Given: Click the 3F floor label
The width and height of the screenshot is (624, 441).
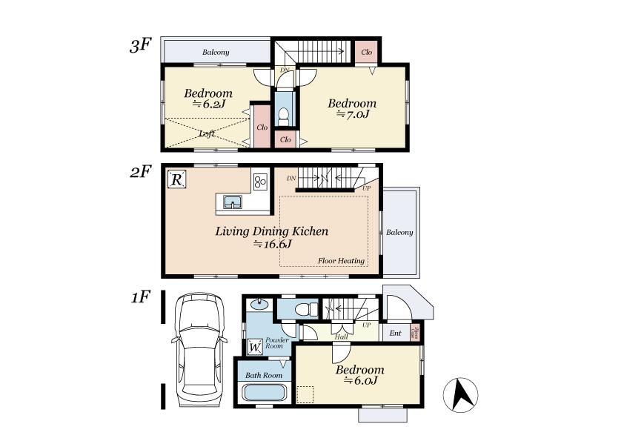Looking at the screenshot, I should (x=140, y=46).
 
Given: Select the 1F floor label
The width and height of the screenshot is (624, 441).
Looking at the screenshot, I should (x=140, y=297).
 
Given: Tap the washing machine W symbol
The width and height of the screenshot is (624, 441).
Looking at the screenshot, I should (x=254, y=346).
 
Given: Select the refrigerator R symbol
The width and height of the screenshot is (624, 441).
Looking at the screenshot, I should (x=176, y=179).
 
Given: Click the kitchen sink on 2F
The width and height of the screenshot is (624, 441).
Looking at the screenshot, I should (x=232, y=202).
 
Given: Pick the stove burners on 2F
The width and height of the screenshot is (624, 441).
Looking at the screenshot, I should (x=260, y=182).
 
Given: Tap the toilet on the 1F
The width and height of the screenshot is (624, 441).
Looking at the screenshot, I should (x=302, y=308).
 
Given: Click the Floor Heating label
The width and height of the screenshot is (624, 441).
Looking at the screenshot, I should (x=341, y=261).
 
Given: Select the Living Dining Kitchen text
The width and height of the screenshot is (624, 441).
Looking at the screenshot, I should (x=271, y=231).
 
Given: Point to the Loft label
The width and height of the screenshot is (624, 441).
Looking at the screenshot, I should (x=208, y=134).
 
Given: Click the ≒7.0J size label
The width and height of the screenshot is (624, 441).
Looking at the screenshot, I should (x=353, y=115).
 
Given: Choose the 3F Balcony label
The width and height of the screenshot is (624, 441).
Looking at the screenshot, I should (x=216, y=53).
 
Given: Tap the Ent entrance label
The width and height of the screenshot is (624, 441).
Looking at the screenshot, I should (x=395, y=334).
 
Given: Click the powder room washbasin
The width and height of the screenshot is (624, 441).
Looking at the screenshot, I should (x=259, y=303).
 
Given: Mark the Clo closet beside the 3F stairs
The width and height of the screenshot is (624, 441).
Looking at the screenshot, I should (x=366, y=52).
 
